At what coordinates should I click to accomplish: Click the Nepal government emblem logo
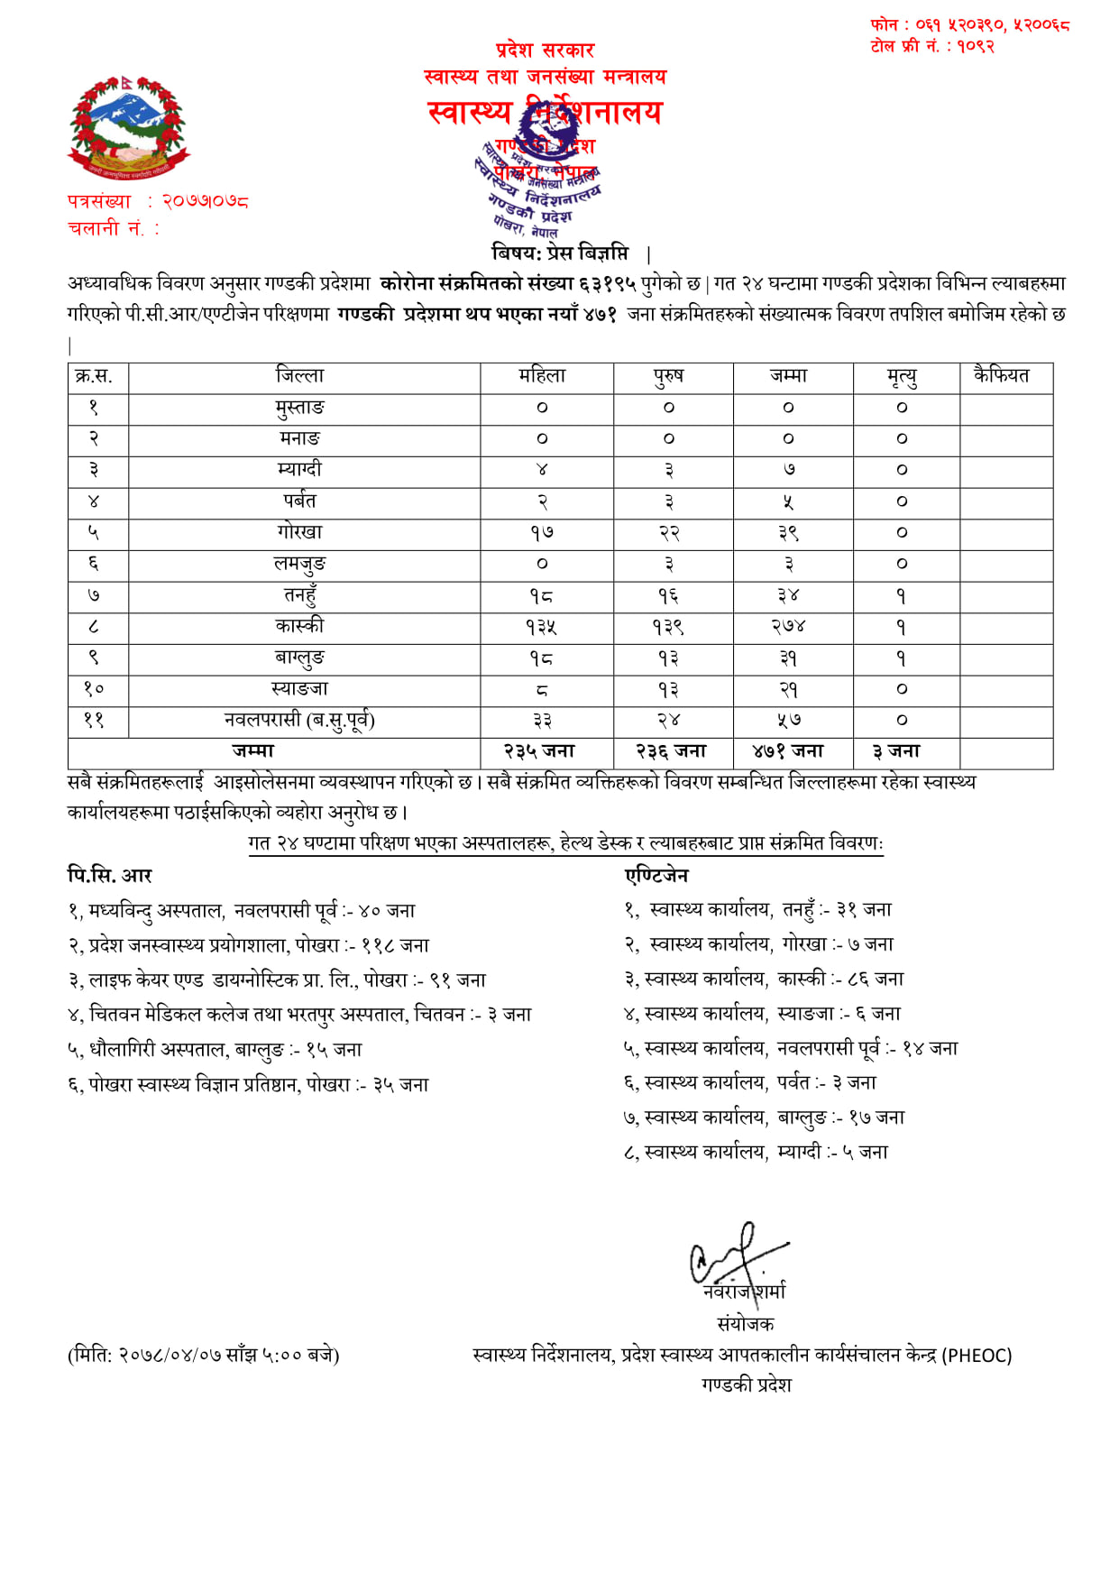click(128, 128)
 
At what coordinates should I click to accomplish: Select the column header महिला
click(542, 376)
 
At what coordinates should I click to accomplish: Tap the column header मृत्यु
click(902, 377)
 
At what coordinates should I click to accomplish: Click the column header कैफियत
click(1001, 375)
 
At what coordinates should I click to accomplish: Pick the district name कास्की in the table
click(299, 626)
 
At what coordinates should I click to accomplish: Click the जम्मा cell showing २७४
click(788, 627)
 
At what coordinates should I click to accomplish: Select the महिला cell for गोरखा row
click(542, 533)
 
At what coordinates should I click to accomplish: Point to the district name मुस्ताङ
click(299, 408)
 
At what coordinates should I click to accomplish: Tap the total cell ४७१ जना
click(788, 751)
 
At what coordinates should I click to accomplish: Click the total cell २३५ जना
click(539, 751)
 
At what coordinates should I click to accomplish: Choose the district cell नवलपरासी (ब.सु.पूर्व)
click(299, 721)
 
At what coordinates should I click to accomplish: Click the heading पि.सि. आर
click(110, 875)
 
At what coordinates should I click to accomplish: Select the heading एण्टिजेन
click(656, 875)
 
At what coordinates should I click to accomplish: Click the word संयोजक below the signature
click(745, 1323)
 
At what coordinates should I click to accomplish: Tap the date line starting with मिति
click(203, 1355)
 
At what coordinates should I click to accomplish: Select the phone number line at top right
click(969, 25)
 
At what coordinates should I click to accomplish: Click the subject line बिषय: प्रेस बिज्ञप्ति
click(560, 253)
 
